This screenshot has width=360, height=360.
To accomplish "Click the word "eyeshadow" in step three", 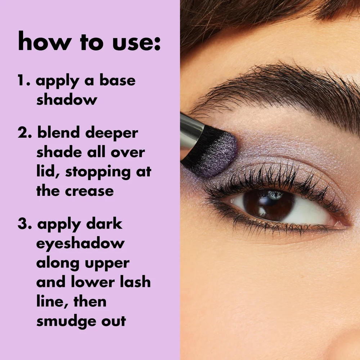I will [x=80, y=244].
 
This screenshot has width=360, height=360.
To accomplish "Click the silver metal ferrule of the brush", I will [x=191, y=132].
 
